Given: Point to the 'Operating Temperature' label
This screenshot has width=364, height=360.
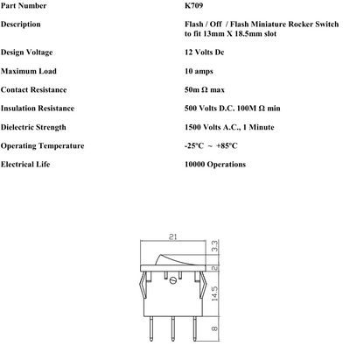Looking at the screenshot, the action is point(42,145).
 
